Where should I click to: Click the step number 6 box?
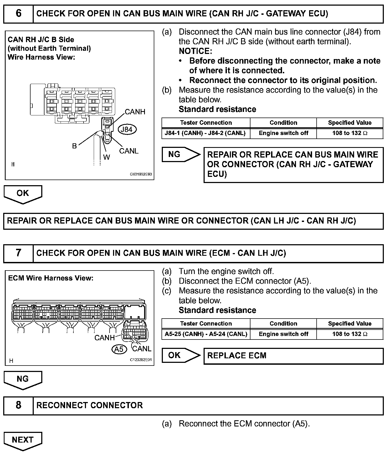18,14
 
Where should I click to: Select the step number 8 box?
18,405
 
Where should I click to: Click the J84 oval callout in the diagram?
127,129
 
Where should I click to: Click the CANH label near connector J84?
135,112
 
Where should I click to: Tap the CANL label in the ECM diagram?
141,349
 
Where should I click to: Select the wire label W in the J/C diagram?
106,157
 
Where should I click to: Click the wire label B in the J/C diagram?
74,146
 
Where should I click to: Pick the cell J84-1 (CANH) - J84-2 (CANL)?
206,133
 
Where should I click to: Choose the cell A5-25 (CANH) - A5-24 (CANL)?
206,334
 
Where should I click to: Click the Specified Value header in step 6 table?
350,123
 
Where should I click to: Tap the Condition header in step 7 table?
283,323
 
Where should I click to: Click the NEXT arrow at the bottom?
23,440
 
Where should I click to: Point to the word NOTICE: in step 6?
195,51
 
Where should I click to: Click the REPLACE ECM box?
293,356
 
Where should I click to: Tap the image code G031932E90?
141,174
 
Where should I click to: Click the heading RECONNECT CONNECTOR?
89,405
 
